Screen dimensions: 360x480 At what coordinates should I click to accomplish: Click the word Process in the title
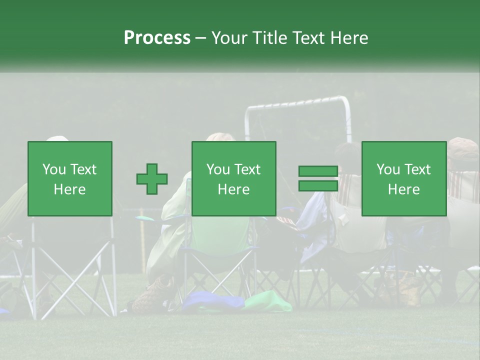click(x=157, y=37)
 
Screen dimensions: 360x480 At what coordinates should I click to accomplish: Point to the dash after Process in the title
click(x=200, y=38)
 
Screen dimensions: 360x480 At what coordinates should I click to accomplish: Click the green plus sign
click(x=152, y=179)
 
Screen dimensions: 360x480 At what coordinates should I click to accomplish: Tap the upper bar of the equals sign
click(x=318, y=171)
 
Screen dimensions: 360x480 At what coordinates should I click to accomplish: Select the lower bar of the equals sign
click(x=318, y=185)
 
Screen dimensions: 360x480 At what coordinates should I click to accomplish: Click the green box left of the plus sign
click(x=70, y=178)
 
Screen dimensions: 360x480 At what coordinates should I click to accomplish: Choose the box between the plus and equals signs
click(x=233, y=178)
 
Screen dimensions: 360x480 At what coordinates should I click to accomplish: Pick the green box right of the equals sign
click(x=403, y=178)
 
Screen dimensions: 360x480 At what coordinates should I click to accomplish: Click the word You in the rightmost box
click(x=387, y=169)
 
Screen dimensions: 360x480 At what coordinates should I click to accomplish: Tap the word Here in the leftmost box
click(x=70, y=189)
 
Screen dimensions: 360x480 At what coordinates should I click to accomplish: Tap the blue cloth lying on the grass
click(x=212, y=301)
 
